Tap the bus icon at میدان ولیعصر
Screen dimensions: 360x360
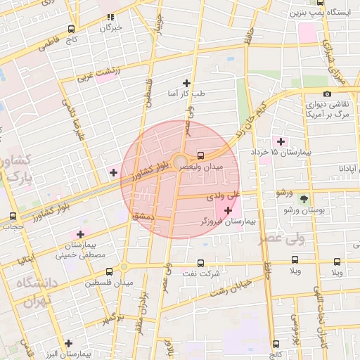pyautogui.click(x=201, y=155)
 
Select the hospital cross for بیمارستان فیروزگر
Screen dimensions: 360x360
pyautogui.click(x=228, y=210)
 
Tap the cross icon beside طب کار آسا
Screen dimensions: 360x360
pyautogui.click(x=186, y=83)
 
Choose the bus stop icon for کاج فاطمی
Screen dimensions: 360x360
pyautogui.click(x=71, y=30)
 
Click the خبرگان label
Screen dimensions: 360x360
pyautogui.click(x=110, y=27)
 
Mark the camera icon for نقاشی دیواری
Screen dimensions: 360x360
pyautogui.click(x=327, y=94)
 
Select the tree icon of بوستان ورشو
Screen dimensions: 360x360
pyautogui.click(x=304, y=199)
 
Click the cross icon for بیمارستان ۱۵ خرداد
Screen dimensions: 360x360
pyautogui.click(x=281, y=141)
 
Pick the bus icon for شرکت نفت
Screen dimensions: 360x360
pyautogui.click(x=201, y=263)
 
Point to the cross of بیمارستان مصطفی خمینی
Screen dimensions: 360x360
pyautogui.click(x=80, y=234)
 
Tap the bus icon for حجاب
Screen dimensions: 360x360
pyautogui.click(x=13, y=217)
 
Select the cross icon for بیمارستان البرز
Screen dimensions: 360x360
pyautogui.click(x=68, y=343)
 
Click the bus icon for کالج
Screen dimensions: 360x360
pyautogui.click(x=275, y=344)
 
